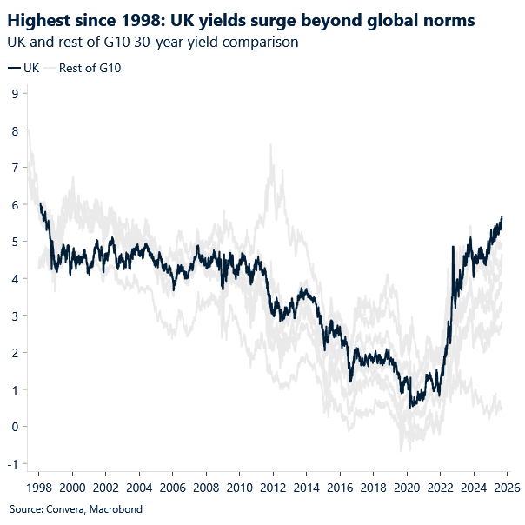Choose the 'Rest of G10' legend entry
click(x=89, y=68)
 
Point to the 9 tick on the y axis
click(x=15, y=93)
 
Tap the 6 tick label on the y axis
click(x=15, y=204)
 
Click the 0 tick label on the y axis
click(x=15, y=427)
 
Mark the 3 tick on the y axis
click(x=15, y=316)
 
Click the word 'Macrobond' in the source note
click(x=113, y=509)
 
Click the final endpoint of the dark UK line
click(x=502, y=217)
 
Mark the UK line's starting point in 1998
click(x=40, y=203)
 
